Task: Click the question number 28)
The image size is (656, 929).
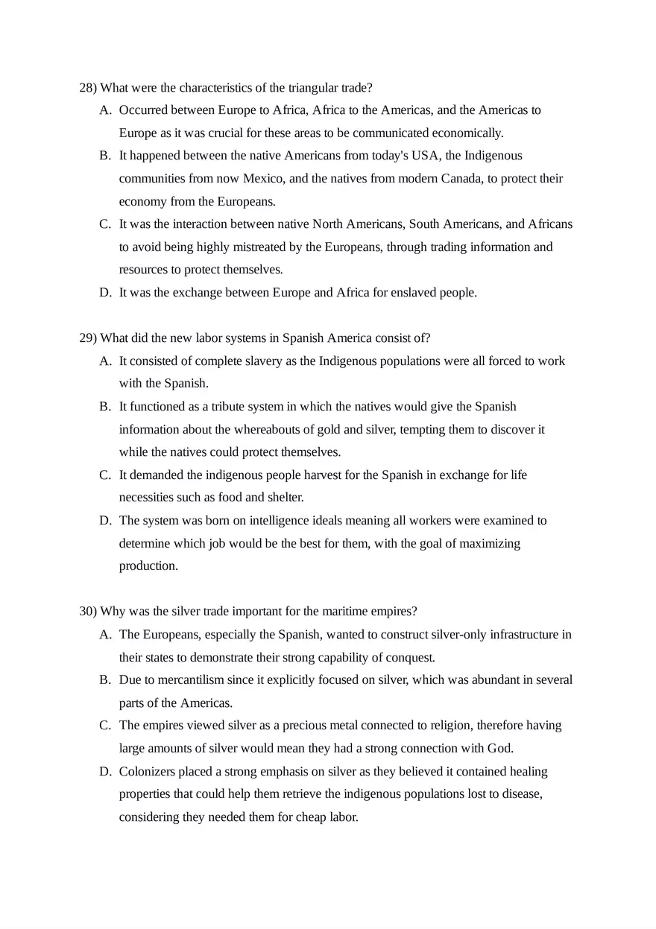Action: coord(88,88)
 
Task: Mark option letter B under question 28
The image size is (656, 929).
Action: coord(104,156)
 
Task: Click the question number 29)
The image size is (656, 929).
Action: coord(88,338)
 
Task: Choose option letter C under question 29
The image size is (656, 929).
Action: coord(104,475)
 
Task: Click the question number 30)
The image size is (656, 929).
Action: coord(88,612)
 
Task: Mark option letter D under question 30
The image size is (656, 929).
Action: coord(104,772)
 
